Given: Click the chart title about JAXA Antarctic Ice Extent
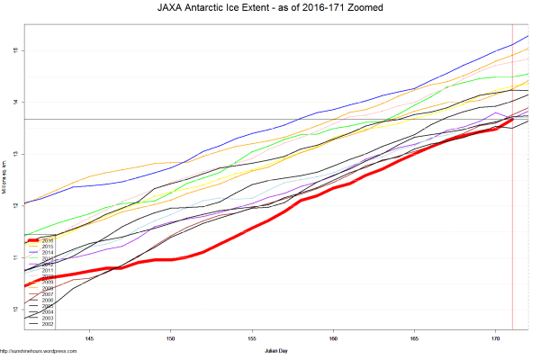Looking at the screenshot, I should [270, 9].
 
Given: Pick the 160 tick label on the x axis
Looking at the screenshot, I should [333, 339].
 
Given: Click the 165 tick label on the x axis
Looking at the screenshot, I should [414, 339].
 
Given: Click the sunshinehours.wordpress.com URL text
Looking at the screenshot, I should [32, 352].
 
